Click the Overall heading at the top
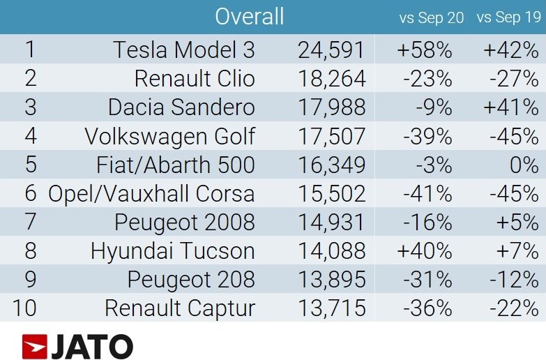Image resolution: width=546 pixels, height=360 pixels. click(x=250, y=16)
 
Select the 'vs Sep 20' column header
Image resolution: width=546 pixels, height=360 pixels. click(x=432, y=17)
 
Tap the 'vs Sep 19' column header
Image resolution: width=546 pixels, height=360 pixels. click(x=509, y=17)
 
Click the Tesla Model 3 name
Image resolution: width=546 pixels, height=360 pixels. click(x=184, y=50)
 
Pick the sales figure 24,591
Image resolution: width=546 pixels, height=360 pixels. click(x=331, y=50)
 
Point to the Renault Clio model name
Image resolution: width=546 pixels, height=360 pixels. click(x=195, y=78)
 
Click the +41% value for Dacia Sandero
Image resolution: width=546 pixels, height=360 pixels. click(x=511, y=107)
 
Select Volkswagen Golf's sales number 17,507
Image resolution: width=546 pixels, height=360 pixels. click(x=332, y=136)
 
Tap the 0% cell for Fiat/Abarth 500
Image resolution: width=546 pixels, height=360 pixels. click(x=524, y=165)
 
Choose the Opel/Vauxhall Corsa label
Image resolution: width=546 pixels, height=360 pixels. click(x=151, y=194)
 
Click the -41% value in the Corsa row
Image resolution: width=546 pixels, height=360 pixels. click(x=427, y=194)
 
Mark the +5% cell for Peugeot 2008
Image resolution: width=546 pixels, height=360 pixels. click(x=517, y=223)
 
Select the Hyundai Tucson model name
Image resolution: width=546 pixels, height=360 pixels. click(x=173, y=251)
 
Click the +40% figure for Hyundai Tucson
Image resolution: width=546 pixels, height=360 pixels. click(x=425, y=251)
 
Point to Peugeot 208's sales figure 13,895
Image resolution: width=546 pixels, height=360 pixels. click(x=332, y=280)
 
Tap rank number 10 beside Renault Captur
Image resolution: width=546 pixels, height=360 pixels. click(x=24, y=308)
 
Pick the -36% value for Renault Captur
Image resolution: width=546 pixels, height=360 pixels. click(x=427, y=309)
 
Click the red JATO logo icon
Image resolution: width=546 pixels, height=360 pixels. click(x=34, y=346)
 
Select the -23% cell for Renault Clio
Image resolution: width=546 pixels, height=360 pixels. click(x=427, y=78)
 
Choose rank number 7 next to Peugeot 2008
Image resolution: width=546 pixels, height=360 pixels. click(x=30, y=222)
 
